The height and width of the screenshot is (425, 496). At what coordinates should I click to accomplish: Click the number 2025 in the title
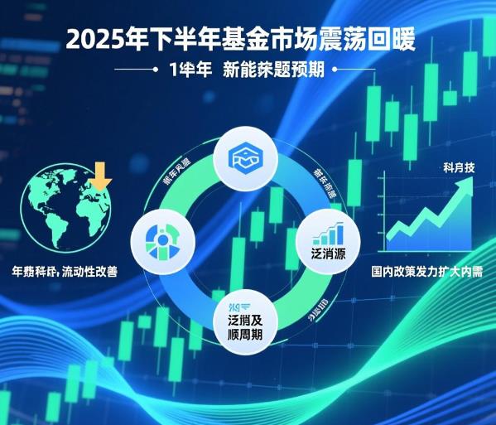[x=92, y=40]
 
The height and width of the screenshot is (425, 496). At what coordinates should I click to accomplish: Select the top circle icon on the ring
[x=248, y=158]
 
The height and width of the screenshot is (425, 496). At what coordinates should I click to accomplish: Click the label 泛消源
[x=326, y=250]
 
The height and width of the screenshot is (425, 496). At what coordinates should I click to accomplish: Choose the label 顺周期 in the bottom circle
[x=247, y=337]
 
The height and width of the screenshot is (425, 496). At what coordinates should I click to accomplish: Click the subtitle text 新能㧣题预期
[x=277, y=70]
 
